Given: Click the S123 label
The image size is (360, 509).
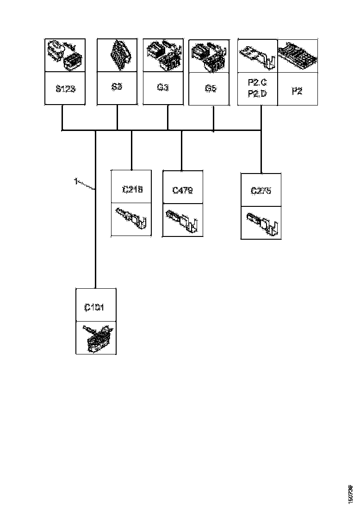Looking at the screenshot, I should (x=65, y=88).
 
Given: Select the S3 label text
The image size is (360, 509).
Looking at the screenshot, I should (x=117, y=87).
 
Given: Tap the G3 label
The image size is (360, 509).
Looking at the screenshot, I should (x=163, y=87).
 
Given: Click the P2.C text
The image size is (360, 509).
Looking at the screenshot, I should (x=257, y=83).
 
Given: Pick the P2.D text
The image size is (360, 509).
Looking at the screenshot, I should (x=257, y=94).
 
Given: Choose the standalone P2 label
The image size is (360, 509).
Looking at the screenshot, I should (x=297, y=91).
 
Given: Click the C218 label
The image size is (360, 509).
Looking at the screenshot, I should (x=132, y=189).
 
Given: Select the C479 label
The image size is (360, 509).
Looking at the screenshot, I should (x=182, y=190).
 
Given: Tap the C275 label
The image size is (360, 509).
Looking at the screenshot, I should (x=261, y=191).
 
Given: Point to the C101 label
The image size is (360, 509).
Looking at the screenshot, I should (x=94, y=307).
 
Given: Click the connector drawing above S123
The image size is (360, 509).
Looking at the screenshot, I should (x=65, y=55).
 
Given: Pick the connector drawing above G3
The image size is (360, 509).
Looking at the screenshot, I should (x=163, y=55).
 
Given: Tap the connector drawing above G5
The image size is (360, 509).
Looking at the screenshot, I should (x=210, y=56).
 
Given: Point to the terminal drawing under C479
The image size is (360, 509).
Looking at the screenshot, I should (x=183, y=221).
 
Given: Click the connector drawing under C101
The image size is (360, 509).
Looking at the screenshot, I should (x=96, y=338).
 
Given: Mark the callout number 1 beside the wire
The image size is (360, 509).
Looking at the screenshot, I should (x=75, y=181).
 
